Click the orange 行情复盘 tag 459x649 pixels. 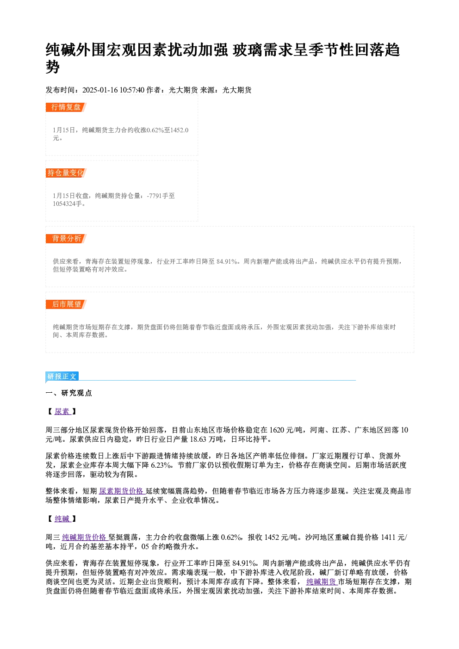(66, 107)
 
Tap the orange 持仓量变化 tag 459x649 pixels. (66, 173)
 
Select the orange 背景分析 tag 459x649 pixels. (66, 239)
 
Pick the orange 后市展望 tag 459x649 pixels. (66, 304)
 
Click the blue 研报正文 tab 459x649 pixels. (62, 377)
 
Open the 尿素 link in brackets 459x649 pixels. (62, 411)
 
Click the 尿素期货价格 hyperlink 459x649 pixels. (122, 491)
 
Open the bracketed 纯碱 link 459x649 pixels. (62, 519)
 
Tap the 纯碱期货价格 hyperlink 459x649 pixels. (85, 538)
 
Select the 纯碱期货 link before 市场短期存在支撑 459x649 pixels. (322, 582)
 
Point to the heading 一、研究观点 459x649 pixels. (68, 393)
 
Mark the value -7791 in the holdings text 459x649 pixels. (154, 196)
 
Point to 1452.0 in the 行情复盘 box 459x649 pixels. (180, 130)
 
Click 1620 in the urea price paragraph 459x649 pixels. (277, 430)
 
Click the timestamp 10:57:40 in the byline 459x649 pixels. (132, 90)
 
